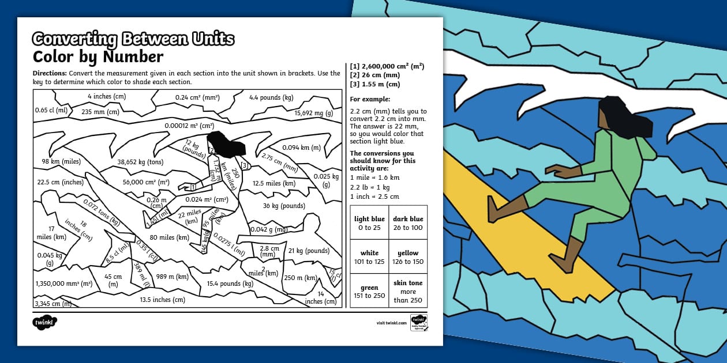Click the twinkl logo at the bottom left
point(45,323)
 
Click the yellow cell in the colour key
point(408,257)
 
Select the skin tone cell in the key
point(408,291)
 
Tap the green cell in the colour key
point(369,291)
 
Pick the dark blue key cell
point(408,223)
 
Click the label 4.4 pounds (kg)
point(271,97)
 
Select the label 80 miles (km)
point(169,237)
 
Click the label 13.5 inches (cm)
point(162,299)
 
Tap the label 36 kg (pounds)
point(284,206)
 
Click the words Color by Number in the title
point(98,57)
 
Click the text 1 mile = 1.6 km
point(374,177)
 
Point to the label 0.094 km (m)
point(300,147)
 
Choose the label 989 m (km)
point(173,277)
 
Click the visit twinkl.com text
point(391,323)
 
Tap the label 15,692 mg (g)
point(314,113)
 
